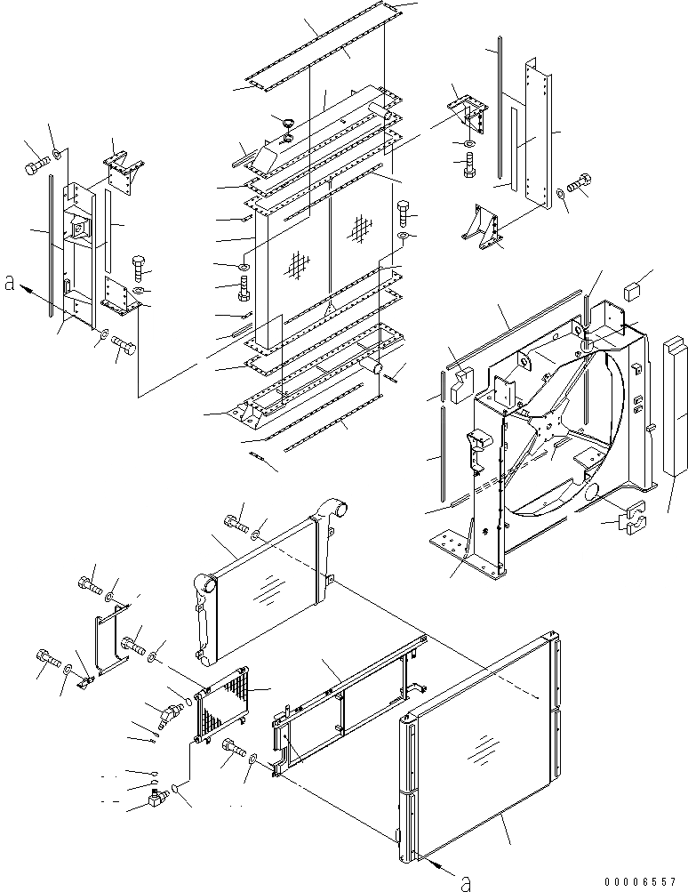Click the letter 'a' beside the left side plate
pyautogui.click(x=10, y=283)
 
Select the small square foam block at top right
pyautogui.click(x=635, y=289)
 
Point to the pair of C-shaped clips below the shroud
pyautogui.click(x=632, y=520)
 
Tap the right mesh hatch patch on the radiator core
pyautogui.click(x=359, y=230)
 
